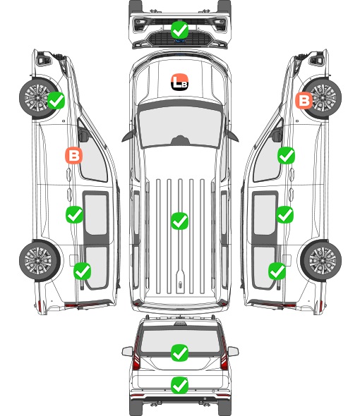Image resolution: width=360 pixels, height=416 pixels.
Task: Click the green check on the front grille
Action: coord(179,30)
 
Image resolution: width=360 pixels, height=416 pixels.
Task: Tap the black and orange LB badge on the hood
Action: coord(179,82)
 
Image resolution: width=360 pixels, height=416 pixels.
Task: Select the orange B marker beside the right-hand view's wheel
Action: coord(304,100)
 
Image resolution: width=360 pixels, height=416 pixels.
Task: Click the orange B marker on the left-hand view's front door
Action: coord(73,155)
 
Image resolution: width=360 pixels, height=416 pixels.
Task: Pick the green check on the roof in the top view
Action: coord(179,221)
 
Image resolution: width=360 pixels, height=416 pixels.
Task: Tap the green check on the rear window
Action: coord(179,353)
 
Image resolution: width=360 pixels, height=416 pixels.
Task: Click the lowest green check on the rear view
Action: coord(179,385)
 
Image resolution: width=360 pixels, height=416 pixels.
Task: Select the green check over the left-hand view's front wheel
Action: coord(56,100)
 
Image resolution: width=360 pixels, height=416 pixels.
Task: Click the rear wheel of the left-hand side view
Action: coord(40,261)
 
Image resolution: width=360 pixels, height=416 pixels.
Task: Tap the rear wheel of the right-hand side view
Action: coord(320,261)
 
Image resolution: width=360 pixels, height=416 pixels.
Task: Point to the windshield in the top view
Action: coord(180,126)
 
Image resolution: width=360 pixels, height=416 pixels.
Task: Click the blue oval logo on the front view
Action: coord(179,41)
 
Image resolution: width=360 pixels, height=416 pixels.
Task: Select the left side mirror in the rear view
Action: coord(128,351)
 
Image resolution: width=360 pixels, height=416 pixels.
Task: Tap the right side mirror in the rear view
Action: coord(233,351)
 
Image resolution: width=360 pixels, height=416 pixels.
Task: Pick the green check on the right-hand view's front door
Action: coord(286,155)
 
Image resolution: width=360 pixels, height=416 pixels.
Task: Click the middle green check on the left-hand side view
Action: coord(74,214)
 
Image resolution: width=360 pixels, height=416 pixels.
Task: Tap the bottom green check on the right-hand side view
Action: coord(277,271)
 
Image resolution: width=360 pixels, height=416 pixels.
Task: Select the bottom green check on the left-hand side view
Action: coord(83,271)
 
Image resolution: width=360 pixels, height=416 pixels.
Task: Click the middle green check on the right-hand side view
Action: coord(284,214)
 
